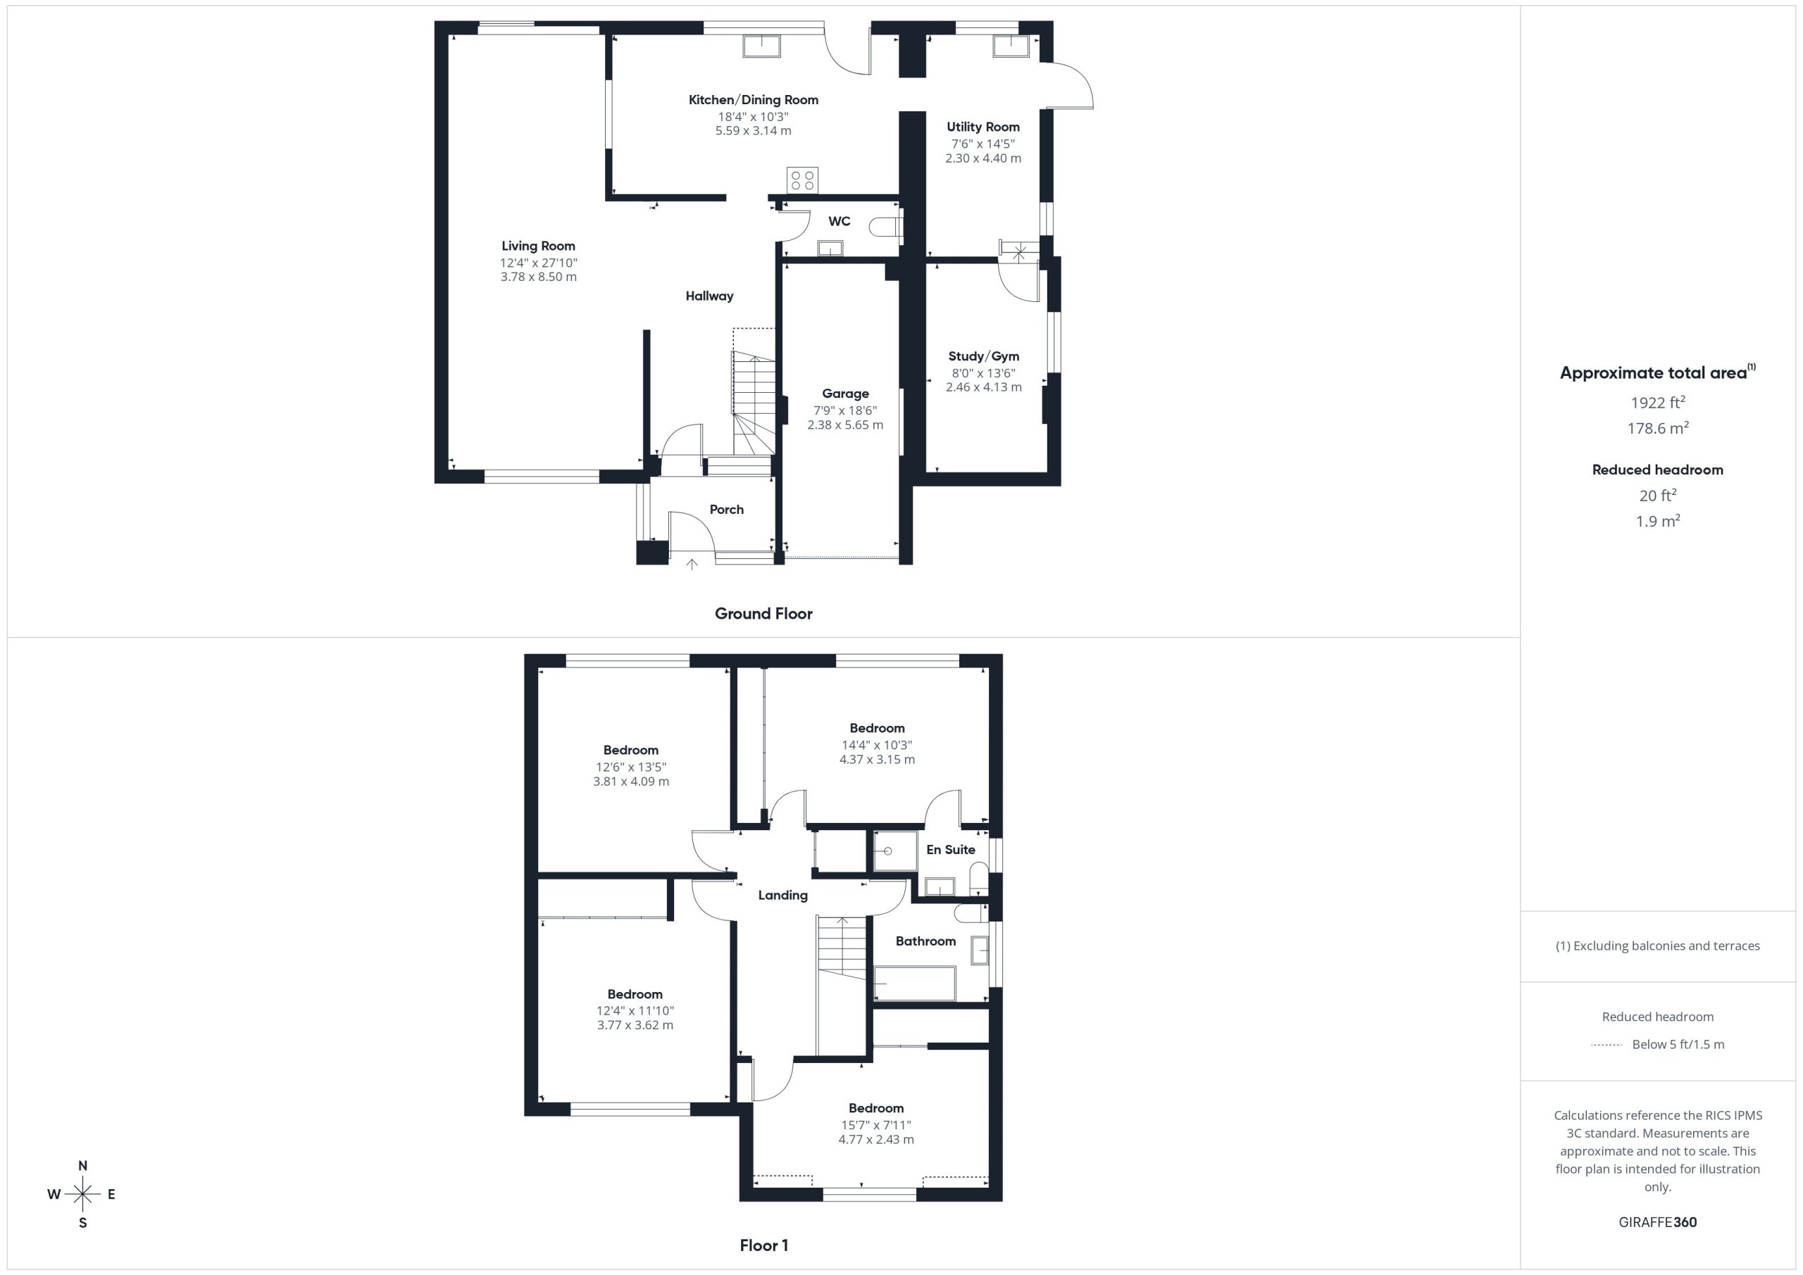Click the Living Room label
click(538, 246)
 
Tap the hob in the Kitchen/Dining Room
click(803, 180)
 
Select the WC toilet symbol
click(886, 227)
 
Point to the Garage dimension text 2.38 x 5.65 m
click(845, 425)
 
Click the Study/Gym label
click(983, 356)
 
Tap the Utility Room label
click(983, 127)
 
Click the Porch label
click(726, 510)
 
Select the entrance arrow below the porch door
click(692, 564)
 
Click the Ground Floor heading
click(763, 614)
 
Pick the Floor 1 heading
click(764, 1245)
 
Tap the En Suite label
click(950, 850)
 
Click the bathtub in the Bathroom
click(915, 983)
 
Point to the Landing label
click(783, 895)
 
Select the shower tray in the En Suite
click(896, 851)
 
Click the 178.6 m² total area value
click(1658, 428)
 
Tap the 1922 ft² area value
click(1658, 402)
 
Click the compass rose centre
click(82, 1194)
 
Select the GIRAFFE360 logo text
click(1658, 1222)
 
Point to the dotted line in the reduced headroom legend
click(1607, 1045)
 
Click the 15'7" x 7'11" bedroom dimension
click(875, 1125)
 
